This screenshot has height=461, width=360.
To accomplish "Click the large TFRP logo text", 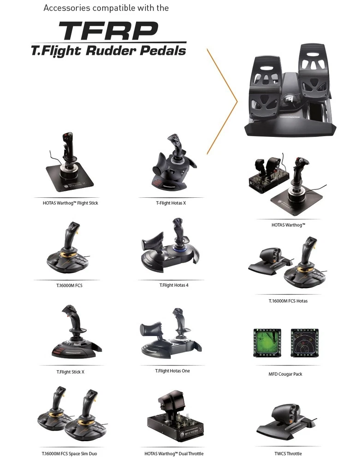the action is pyautogui.click(x=108, y=30).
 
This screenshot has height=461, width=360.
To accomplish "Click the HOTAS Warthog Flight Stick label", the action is pyautogui.click(x=70, y=203).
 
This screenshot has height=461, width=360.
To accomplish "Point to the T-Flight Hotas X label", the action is pyautogui.click(x=171, y=203).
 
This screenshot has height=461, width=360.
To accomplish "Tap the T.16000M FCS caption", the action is pyautogui.click(x=69, y=285).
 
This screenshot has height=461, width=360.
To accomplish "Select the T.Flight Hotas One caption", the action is pyautogui.click(x=172, y=371).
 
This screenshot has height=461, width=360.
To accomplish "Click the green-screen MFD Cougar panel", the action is pyautogui.click(x=267, y=343).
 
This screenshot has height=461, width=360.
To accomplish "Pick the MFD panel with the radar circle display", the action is pyautogui.click(x=305, y=343).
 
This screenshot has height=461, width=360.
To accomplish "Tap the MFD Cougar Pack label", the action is pyautogui.click(x=285, y=374).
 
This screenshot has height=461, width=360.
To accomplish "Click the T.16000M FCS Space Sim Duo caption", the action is pyautogui.click(x=69, y=454).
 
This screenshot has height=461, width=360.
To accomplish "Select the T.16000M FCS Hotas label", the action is pyautogui.click(x=288, y=301).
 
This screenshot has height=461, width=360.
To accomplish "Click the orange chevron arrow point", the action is pyautogui.click(x=237, y=102).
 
